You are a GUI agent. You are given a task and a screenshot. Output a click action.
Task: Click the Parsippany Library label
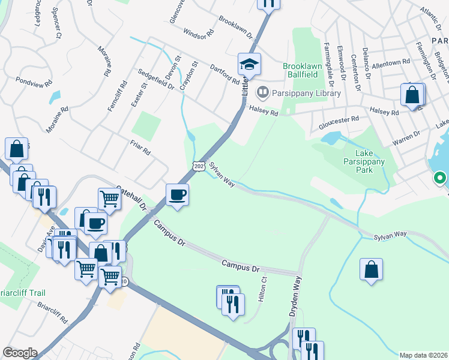306,93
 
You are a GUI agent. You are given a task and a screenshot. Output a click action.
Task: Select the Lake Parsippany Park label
367,161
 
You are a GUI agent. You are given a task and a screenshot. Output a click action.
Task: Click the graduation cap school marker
249,63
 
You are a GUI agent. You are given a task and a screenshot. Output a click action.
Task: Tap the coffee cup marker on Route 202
177,194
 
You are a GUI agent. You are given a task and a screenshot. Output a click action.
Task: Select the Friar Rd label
139,147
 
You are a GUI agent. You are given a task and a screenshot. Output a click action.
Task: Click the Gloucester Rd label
339,119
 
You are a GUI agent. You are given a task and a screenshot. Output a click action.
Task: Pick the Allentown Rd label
390,62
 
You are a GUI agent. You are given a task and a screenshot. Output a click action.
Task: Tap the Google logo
20,353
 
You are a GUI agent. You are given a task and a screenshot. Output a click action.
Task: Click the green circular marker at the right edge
439,178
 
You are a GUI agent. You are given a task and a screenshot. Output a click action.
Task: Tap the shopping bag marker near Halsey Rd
412,95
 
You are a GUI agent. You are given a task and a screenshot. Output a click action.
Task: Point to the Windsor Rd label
198,34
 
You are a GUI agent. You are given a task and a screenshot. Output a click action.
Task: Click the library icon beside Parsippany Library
262,93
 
